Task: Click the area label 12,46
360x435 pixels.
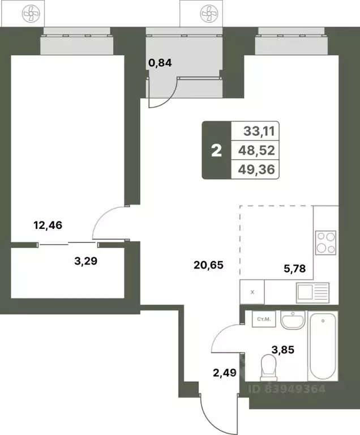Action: (48, 225)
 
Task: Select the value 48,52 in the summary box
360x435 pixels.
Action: (258, 151)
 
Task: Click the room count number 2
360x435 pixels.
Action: (216, 151)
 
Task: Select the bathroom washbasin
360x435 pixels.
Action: (293, 320)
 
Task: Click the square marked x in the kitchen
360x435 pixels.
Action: (252, 293)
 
